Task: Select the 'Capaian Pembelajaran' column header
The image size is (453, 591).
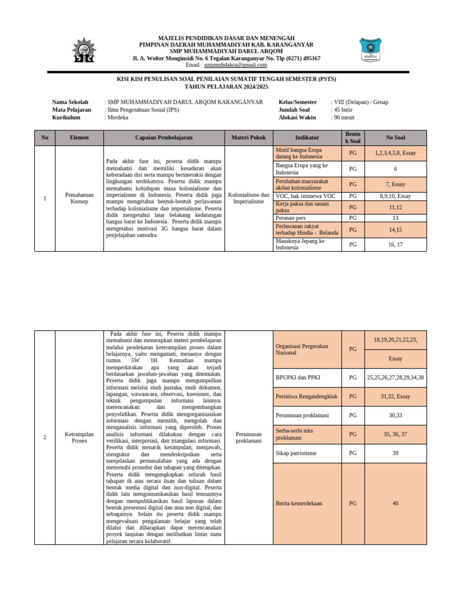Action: coord(163,137)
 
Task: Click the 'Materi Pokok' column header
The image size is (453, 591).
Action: coord(248,137)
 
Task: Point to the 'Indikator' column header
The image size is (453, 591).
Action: coord(307,137)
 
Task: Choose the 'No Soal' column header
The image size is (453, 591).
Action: coord(395,137)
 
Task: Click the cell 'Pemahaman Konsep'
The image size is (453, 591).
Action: coord(79,198)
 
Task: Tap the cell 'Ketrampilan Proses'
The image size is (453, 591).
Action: coord(79,436)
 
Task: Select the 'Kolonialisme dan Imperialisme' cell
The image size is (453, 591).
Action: coord(248,198)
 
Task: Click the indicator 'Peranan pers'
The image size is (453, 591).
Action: coord(291,218)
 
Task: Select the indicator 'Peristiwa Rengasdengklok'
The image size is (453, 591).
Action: coord(307,396)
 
